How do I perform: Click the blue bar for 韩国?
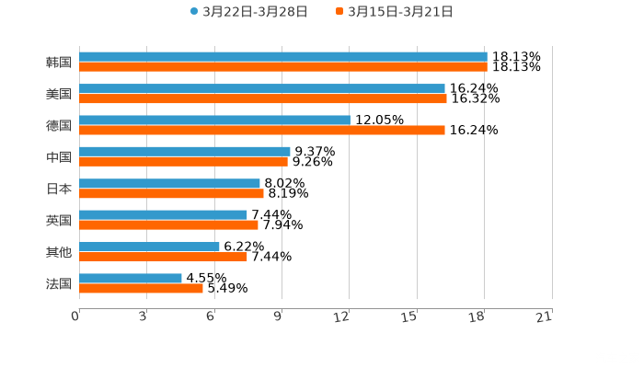283,57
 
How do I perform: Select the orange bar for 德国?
262,130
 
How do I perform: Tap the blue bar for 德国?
214,120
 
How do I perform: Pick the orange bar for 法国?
141,288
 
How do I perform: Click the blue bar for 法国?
131,278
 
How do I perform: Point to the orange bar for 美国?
263,98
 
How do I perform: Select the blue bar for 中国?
185,151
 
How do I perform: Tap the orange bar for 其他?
163,257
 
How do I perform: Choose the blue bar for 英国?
163,214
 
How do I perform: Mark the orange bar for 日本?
171,193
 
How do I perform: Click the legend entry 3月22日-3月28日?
248,12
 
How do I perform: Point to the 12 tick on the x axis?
342,316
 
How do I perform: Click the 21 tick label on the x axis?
545,316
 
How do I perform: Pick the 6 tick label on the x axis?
211,316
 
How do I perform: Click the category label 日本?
59,189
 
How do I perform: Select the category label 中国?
59,156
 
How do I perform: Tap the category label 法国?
59,283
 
